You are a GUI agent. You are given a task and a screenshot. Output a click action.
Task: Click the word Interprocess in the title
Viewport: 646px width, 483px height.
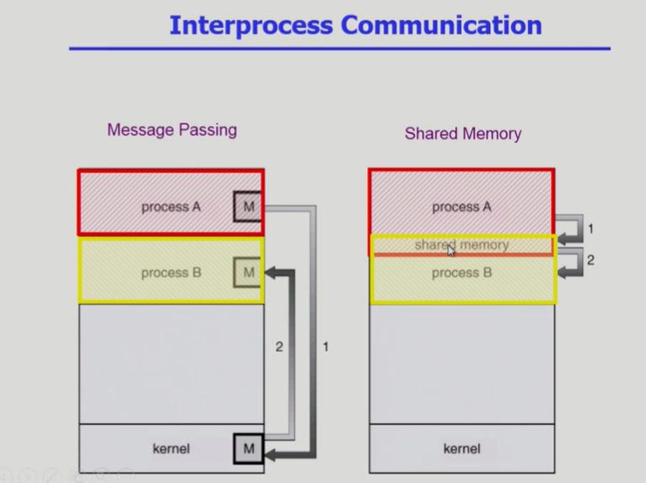tap(250, 25)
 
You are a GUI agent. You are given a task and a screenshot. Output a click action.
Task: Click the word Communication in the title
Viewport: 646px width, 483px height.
tap(441, 25)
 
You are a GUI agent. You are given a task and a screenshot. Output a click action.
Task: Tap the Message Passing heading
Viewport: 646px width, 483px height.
tap(172, 130)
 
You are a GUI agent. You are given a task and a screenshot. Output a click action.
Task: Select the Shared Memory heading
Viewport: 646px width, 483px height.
tap(463, 133)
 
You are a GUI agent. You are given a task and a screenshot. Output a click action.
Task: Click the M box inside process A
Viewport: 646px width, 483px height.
tap(248, 207)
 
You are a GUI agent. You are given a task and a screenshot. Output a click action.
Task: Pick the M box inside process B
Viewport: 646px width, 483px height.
tap(248, 272)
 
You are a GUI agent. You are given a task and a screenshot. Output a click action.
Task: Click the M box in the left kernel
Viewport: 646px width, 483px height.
tap(248, 448)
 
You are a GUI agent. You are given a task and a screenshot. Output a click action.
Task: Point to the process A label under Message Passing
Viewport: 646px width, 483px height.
tap(171, 207)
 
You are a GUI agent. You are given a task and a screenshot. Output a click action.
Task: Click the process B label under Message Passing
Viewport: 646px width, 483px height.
tap(171, 272)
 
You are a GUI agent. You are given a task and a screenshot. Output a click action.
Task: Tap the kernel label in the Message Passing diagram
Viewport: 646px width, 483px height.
tap(171, 448)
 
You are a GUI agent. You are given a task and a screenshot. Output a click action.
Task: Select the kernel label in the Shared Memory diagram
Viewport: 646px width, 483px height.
tap(461, 448)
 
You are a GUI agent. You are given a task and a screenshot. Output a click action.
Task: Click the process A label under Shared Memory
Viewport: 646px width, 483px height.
tap(461, 207)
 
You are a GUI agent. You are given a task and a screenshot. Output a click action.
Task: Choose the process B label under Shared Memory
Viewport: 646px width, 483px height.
tap(461, 272)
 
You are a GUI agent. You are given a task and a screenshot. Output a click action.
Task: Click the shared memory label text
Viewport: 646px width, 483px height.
tap(461, 245)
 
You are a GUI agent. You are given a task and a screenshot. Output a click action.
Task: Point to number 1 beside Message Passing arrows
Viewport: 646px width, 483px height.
tap(326, 346)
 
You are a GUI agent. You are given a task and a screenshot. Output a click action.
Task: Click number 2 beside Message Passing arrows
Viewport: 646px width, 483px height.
tap(279, 346)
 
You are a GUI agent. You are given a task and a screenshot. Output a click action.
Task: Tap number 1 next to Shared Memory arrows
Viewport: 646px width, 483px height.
tap(590, 228)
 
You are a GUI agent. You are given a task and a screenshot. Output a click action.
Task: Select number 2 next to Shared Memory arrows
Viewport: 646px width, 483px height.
tap(590, 260)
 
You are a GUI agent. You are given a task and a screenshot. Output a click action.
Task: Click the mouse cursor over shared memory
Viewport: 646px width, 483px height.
tap(451, 250)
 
